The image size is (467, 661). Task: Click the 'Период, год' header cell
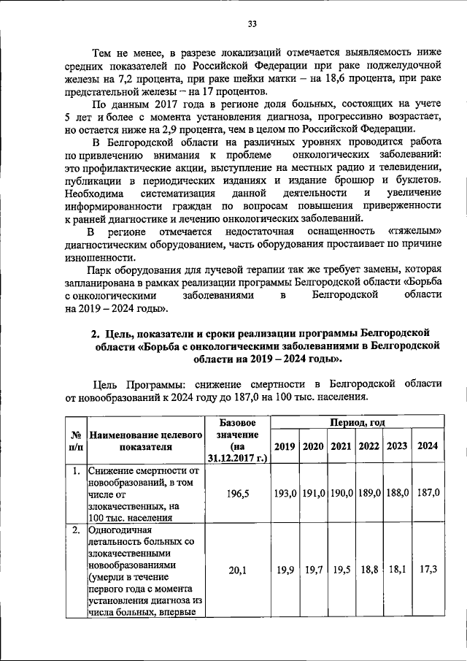[356, 422]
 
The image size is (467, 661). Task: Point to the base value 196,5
[237, 494]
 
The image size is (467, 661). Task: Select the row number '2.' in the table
[74, 530]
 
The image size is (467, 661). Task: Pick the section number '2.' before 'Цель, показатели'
[96, 334]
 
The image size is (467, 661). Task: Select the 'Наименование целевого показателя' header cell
[144, 440]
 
